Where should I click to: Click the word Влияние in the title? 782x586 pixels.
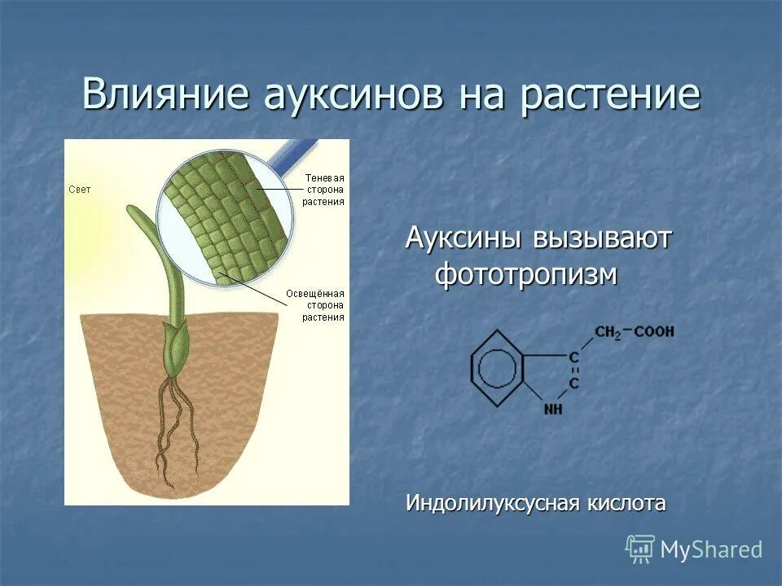click(x=166, y=94)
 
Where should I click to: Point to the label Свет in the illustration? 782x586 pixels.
click(x=80, y=189)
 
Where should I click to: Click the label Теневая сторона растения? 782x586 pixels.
click(x=323, y=189)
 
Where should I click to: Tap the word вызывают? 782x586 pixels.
click(x=603, y=239)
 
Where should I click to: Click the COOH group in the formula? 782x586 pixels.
click(x=654, y=332)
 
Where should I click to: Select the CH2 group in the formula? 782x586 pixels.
click(x=608, y=332)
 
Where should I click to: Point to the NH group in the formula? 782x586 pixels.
click(x=553, y=409)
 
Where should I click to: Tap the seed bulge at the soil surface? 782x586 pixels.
click(x=175, y=346)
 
